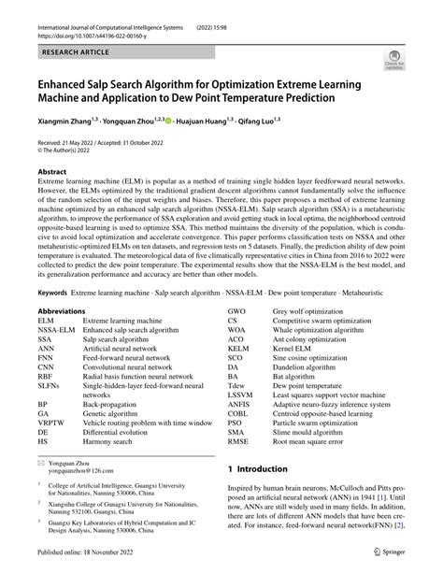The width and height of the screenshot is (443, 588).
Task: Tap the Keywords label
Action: pos(52,292)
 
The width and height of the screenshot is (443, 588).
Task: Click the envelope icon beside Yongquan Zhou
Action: pos(40,462)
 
